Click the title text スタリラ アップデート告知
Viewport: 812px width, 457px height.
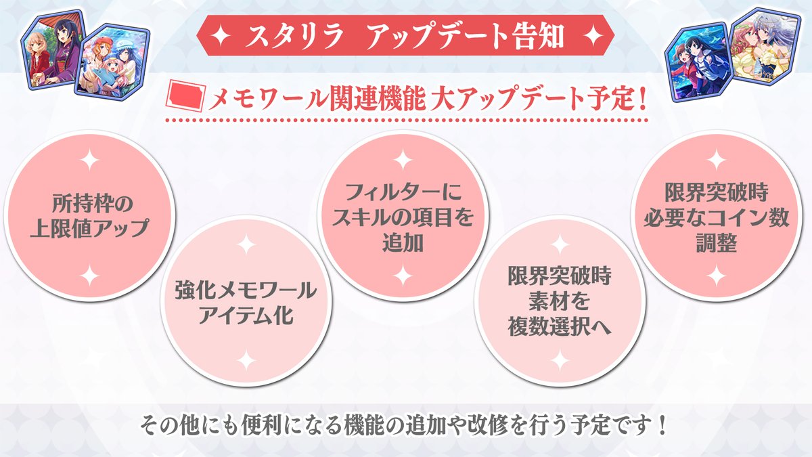tap(406, 36)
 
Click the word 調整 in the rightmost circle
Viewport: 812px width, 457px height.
tap(715, 242)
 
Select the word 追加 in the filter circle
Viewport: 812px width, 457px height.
tap(402, 242)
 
